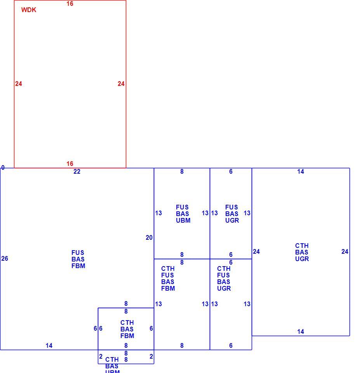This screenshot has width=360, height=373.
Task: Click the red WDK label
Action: (x=28, y=10)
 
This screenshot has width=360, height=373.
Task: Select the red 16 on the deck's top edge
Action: (x=70, y=3)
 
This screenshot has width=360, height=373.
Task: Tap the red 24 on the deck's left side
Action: (x=19, y=84)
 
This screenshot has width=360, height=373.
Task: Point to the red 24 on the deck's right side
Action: (x=121, y=84)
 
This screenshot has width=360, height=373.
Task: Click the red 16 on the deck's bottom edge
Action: (x=70, y=164)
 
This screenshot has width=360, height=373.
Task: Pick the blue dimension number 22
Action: (x=77, y=171)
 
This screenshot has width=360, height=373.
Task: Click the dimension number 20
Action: (x=149, y=237)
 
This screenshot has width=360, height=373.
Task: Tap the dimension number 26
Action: (x=5, y=259)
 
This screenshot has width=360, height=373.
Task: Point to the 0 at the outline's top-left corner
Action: (x=3, y=167)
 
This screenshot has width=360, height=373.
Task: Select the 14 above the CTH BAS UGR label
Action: (x=301, y=171)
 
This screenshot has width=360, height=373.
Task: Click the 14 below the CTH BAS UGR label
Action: (x=301, y=331)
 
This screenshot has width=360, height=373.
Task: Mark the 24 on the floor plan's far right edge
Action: (x=345, y=251)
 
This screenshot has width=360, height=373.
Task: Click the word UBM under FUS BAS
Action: (x=183, y=220)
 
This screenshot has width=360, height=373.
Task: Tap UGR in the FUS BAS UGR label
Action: (x=232, y=220)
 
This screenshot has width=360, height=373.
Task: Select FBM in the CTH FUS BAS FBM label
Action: (x=168, y=288)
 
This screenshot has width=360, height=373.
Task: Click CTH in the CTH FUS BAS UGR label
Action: (x=224, y=268)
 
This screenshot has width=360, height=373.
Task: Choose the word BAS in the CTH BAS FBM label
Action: (x=127, y=329)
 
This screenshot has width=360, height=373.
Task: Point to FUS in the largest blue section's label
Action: (x=78, y=253)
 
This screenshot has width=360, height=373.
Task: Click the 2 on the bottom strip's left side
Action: (x=101, y=356)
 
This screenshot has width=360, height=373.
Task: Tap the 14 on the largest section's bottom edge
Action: (x=49, y=345)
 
